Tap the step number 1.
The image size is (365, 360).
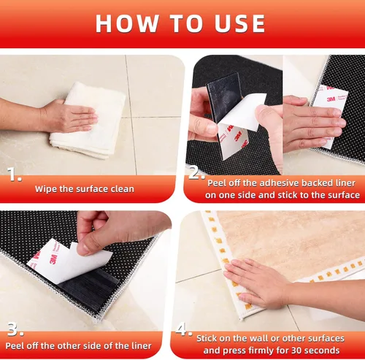coord(14,175)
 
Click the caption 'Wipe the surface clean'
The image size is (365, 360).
coord(84,189)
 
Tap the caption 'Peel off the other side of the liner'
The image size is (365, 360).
coord(79,345)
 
